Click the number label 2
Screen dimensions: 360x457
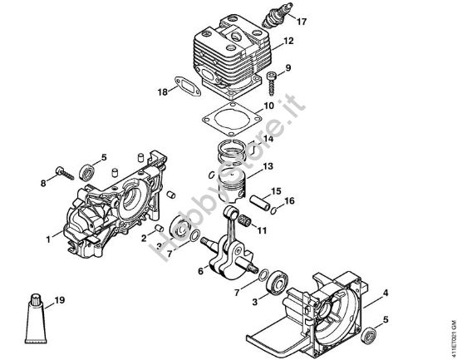[144, 239]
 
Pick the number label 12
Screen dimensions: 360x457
[288, 41]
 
